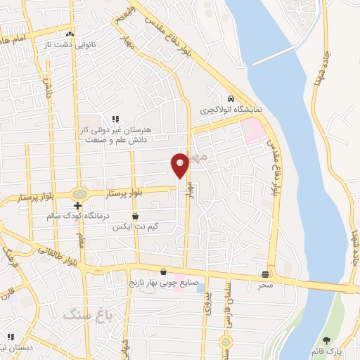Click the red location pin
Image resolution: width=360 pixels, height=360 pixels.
[x=180, y=164]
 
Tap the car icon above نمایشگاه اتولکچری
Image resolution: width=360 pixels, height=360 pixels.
[x=231, y=99]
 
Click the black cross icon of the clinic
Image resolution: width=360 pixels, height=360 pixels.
[x=78, y=205]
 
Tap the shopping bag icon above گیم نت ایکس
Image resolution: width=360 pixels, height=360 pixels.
[x=135, y=216]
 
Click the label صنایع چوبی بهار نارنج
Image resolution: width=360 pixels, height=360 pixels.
[x=165, y=283]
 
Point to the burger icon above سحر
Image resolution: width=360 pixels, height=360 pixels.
[x=265, y=274]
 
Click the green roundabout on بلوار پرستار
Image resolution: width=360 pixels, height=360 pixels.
[x=79, y=193]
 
